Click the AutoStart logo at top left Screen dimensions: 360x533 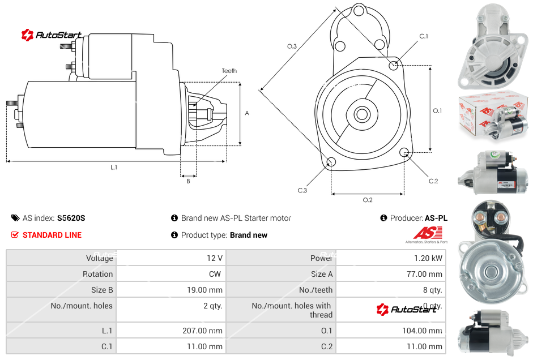[52, 35]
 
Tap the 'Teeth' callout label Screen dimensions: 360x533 [229, 71]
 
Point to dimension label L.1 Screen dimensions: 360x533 [114, 168]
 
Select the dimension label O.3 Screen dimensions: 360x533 [292, 46]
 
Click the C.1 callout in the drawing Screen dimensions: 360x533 [423, 36]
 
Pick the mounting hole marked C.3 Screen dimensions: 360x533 [331, 163]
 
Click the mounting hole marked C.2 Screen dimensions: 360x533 [404, 152]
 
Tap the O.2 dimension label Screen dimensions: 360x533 [367, 200]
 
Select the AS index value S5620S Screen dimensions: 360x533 [71, 218]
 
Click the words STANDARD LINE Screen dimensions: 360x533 [52, 235]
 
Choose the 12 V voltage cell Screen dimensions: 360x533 [215, 258]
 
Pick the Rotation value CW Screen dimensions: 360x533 [216, 274]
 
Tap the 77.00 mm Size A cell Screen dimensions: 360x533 [423, 274]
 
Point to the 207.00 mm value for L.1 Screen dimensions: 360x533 [202, 331]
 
